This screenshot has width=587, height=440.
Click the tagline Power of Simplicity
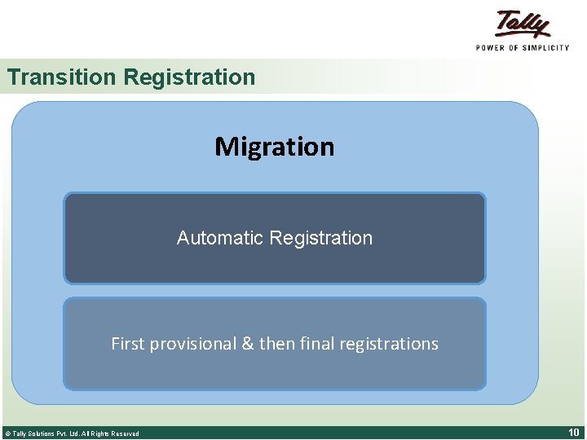[x=523, y=48]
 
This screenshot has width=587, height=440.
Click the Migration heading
[x=274, y=147]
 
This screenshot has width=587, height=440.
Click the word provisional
[x=192, y=344]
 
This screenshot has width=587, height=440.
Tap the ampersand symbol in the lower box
[x=248, y=344]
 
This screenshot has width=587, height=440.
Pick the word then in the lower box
[x=276, y=344]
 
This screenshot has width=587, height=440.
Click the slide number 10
[x=573, y=432]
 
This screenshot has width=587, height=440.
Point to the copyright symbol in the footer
[x=7, y=433]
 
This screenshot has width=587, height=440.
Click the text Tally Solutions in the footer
[x=33, y=433]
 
